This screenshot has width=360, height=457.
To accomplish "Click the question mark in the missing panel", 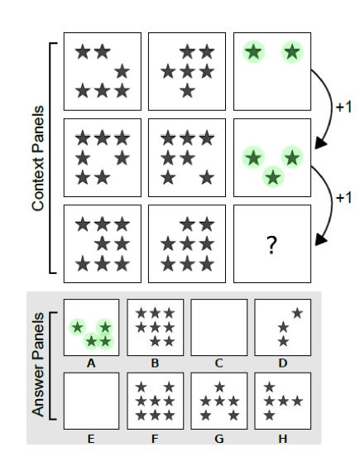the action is pyautogui.click(x=271, y=245).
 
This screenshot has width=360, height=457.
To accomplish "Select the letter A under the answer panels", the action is pyautogui.click(x=91, y=363).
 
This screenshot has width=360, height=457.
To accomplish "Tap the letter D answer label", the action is pyautogui.click(x=283, y=363).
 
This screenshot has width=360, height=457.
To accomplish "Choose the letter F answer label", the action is pyautogui.click(x=155, y=438).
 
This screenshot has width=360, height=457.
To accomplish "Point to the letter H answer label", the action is pyautogui.click(x=283, y=438).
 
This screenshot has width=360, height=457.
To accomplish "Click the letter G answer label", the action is pyautogui.click(x=219, y=438).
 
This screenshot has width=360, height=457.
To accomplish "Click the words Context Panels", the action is pyautogui.click(x=38, y=158).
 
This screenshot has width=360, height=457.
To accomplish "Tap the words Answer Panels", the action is pyautogui.click(x=38, y=364).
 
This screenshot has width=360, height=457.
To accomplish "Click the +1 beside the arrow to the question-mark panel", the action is pyautogui.click(x=343, y=198).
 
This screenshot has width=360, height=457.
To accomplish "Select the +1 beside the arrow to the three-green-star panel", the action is pyautogui.click(x=343, y=108).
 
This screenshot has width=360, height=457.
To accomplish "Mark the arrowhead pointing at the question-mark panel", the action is pyautogui.click(x=321, y=239).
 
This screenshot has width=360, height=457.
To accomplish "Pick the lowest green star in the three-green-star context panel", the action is pyautogui.click(x=273, y=177).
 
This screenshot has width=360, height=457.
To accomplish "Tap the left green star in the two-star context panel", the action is pyautogui.click(x=254, y=52).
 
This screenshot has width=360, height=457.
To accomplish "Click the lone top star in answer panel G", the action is pyautogui.click(x=219, y=387).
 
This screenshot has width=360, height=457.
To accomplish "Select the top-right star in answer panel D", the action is pyautogui.click(x=297, y=313).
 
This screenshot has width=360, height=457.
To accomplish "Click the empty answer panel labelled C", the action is pyautogui.click(x=219, y=327).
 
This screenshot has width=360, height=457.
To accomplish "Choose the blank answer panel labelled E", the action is pyautogui.click(x=91, y=401).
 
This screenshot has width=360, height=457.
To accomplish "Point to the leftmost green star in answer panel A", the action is pyautogui.click(x=78, y=327).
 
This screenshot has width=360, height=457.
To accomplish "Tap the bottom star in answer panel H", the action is pyautogui.click(x=270, y=415).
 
